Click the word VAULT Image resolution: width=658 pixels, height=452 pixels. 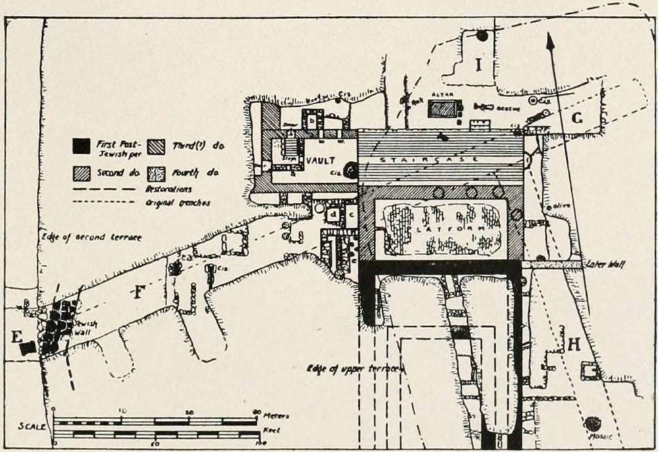(x=320, y=161)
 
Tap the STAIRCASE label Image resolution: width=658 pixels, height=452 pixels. (x=439, y=159)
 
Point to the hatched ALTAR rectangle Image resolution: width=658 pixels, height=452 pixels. (x=442, y=109)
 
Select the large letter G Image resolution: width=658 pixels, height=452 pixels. (x=577, y=119)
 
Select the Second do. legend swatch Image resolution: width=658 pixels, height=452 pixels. (x=81, y=173)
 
